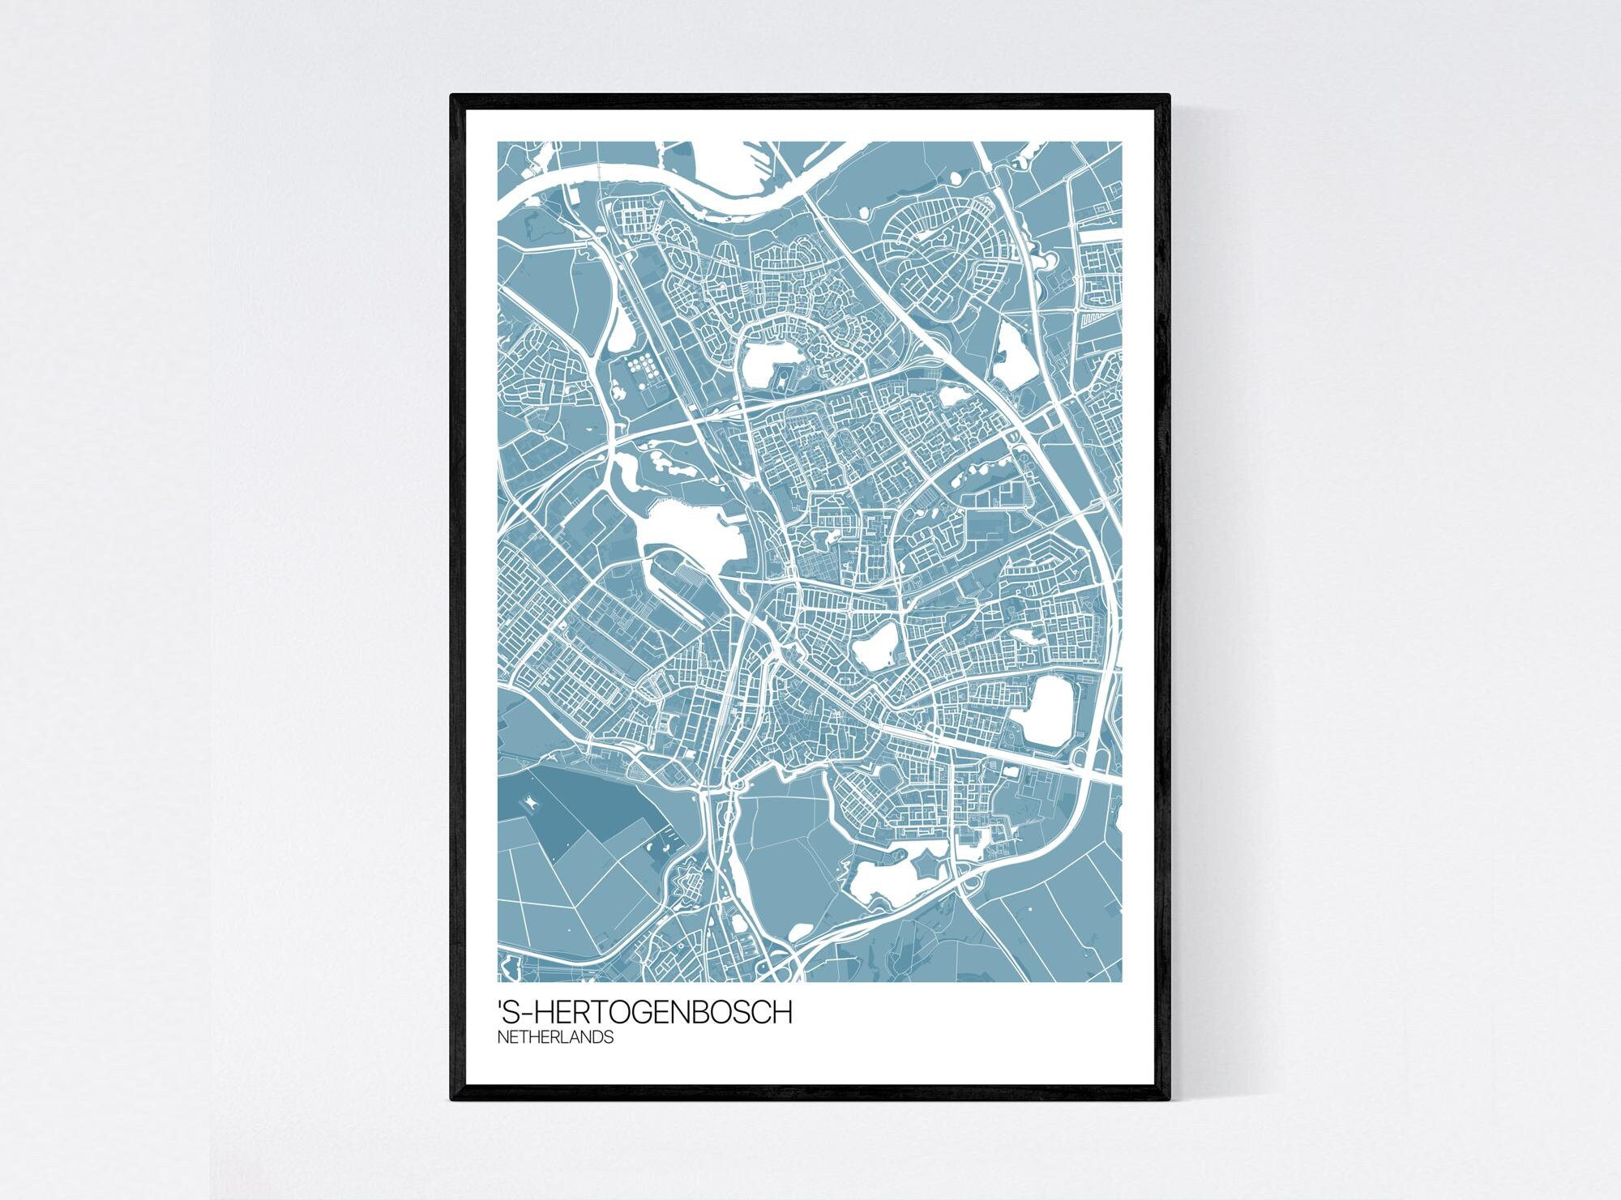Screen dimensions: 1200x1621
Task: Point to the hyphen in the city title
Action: click(x=528, y=1013)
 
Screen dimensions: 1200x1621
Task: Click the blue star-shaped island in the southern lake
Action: click(x=926, y=870)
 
